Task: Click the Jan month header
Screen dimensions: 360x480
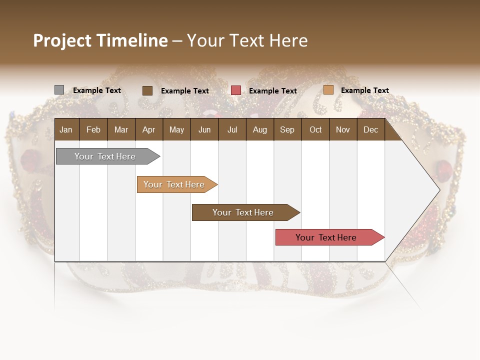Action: click(66, 129)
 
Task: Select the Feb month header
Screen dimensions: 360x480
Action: click(93, 129)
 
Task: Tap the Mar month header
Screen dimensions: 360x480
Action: click(121, 129)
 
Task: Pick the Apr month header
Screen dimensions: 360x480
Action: click(148, 129)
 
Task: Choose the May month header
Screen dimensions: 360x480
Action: click(176, 129)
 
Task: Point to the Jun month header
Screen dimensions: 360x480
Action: click(204, 129)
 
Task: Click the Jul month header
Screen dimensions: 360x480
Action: click(232, 129)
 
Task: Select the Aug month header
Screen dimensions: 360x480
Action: click(259, 129)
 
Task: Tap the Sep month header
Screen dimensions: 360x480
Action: click(287, 129)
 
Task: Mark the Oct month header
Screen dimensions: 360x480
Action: click(315, 129)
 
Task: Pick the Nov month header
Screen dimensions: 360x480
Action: click(343, 129)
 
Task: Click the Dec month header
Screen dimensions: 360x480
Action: click(371, 129)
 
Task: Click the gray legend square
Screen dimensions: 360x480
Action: click(59, 90)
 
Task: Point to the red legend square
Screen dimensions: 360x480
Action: click(236, 90)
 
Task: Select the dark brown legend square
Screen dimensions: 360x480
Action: click(147, 90)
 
